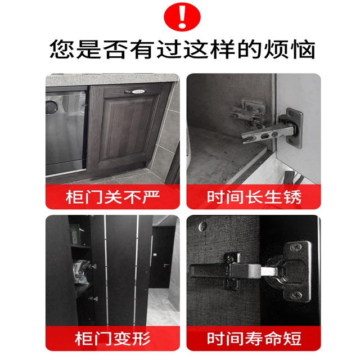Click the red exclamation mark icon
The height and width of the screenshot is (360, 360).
(x=182, y=17)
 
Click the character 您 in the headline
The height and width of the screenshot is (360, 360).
(x=62, y=49)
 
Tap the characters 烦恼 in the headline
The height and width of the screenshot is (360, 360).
(x=290, y=49)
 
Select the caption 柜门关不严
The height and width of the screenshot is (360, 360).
(x=112, y=197)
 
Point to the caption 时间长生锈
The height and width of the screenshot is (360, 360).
(x=254, y=197)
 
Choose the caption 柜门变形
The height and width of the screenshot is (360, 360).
(x=112, y=339)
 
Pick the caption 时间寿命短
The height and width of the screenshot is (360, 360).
(x=254, y=339)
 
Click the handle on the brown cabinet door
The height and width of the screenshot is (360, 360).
(x=135, y=92)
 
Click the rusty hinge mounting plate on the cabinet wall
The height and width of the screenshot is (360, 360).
(x=249, y=113)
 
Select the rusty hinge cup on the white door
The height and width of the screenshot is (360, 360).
(x=291, y=128)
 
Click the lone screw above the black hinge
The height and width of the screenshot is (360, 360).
(x=202, y=226)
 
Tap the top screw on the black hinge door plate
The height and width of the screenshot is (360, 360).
(x=295, y=247)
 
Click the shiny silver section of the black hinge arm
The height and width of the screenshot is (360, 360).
(x=269, y=271)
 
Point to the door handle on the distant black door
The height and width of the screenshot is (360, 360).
(x=166, y=265)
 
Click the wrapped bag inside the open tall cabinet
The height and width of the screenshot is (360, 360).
(x=82, y=272)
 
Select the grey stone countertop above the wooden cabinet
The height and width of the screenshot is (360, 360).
(x=112, y=79)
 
